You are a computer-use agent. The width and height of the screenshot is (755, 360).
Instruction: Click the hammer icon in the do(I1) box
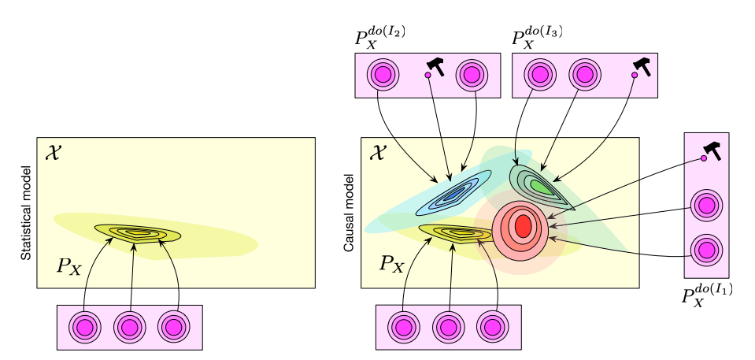coord(712,148)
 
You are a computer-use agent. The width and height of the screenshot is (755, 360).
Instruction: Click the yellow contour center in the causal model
coord(456,233)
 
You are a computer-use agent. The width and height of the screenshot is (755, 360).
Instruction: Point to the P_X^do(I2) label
coord(381,39)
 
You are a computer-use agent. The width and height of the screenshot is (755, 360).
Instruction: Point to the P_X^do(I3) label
coord(537,39)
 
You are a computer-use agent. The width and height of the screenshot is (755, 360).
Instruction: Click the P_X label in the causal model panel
coord(391,263)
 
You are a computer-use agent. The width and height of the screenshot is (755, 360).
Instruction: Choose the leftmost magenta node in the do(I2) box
coord(383,75)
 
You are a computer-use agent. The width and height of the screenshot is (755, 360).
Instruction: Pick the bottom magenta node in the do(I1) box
coord(705,251)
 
